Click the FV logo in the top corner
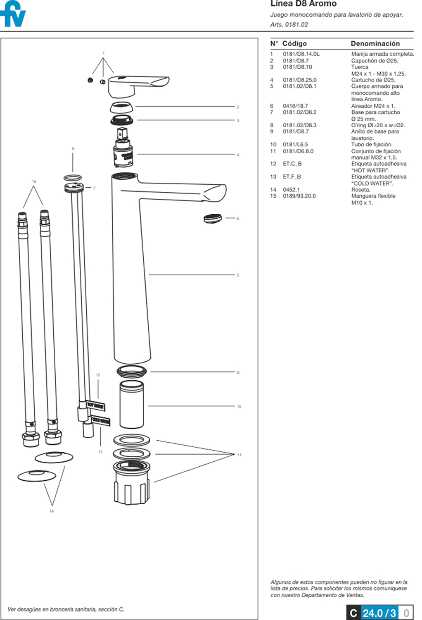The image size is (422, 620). [13, 14]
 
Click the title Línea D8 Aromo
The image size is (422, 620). [303, 4]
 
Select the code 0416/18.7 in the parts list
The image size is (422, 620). [295, 106]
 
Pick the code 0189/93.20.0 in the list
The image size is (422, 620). [299, 196]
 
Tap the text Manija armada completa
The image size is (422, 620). [382, 54]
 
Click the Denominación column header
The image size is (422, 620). [375, 43]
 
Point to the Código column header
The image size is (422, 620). [294, 43]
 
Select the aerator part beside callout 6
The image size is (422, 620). [212, 218]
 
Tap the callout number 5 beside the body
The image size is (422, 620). [238, 275]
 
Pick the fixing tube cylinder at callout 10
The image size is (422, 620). [132, 405]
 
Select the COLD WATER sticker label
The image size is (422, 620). [101, 421]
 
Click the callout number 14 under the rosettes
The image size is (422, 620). [52, 511]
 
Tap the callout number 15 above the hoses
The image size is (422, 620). [34, 181]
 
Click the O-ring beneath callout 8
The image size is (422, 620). [73, 178]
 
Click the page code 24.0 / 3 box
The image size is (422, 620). [379, 613]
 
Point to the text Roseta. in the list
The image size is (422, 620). [360, 190]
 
